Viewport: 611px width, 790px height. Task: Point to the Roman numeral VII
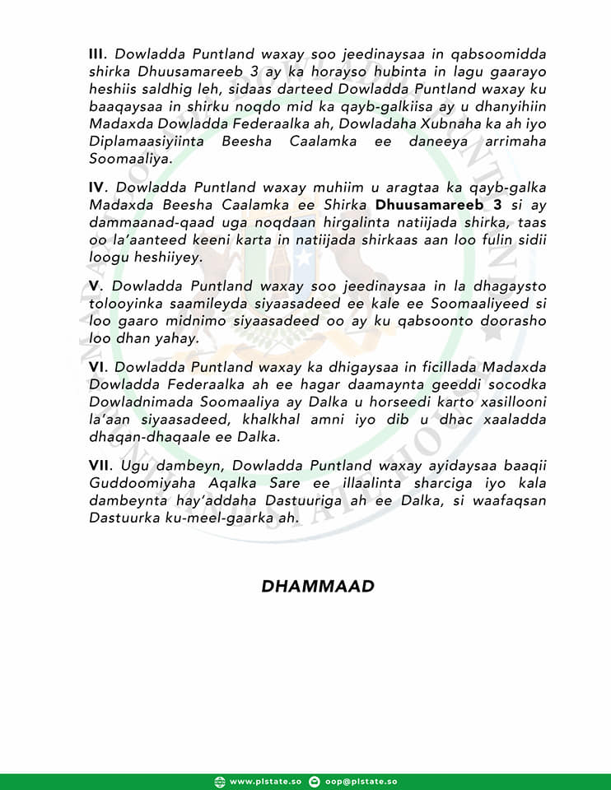point(100,467)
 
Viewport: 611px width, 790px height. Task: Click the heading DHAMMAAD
point(318,587)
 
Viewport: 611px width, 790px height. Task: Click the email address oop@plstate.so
point(363,781)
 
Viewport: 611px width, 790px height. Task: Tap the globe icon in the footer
point(219,781)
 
